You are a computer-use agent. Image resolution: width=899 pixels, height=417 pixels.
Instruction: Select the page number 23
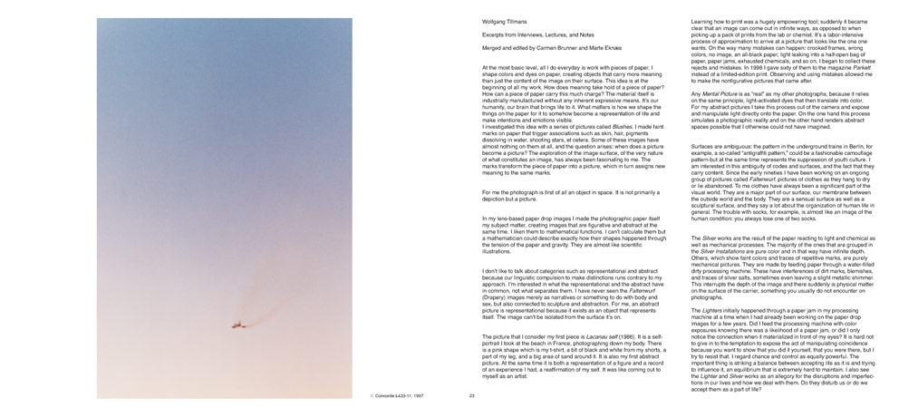coord(471,396)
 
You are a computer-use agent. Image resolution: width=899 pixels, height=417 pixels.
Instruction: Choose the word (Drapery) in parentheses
coord(497,283)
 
